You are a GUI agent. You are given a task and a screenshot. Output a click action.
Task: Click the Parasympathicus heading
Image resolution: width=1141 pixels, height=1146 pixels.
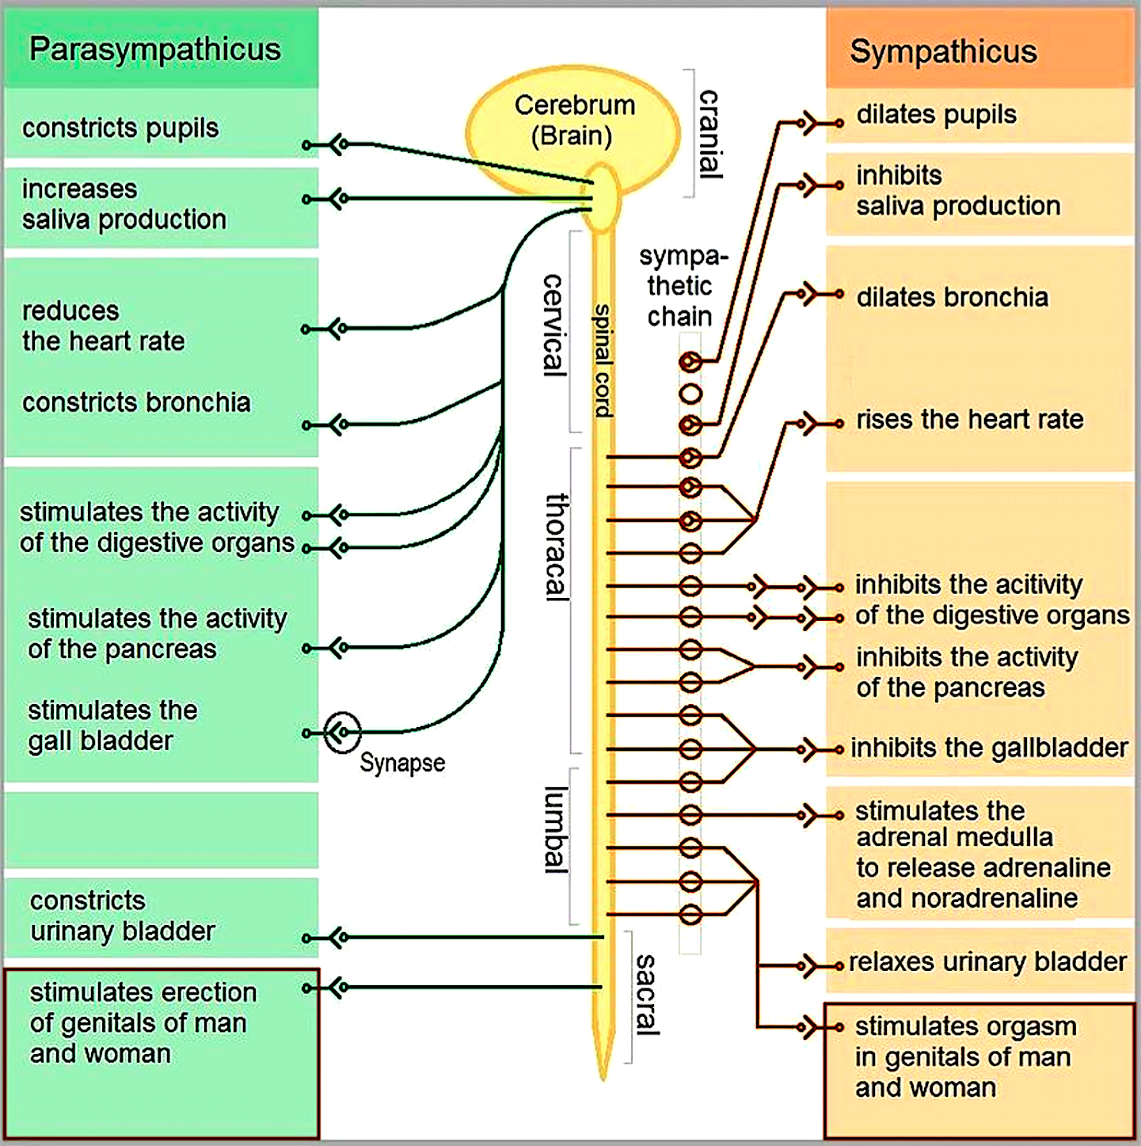154,50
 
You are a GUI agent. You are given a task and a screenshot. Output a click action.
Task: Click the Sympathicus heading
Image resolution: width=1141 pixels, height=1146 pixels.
944,52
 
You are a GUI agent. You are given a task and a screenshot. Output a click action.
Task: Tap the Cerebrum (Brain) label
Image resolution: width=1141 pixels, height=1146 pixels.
574,120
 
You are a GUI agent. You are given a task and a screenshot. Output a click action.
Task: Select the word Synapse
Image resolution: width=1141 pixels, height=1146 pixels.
402,763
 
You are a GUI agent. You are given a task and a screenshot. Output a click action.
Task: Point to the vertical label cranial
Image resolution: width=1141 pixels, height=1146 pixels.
709,135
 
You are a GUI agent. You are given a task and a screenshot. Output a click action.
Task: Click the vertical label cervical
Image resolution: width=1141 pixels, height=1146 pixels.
554,326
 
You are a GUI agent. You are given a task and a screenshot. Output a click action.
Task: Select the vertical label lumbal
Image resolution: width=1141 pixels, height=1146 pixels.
556,830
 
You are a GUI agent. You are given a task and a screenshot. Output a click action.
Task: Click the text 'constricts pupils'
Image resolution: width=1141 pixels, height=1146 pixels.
120,128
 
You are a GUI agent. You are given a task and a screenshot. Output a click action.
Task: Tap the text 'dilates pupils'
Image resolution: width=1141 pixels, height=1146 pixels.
937,115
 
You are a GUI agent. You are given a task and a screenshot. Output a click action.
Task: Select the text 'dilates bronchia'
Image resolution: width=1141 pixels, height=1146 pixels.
952,297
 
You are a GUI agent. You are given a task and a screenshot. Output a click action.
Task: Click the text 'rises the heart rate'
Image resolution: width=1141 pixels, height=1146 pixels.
970,419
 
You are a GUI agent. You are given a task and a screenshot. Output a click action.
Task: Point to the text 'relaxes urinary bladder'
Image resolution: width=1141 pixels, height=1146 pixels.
987,962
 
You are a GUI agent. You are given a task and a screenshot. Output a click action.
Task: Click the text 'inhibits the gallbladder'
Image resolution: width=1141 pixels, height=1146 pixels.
990,748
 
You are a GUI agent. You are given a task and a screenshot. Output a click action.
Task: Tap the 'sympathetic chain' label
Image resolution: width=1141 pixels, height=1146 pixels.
681,287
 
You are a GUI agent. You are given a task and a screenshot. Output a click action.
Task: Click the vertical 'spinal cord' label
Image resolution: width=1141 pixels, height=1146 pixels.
603,360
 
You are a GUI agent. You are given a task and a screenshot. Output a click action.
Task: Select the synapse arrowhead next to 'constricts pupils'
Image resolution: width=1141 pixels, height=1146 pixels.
338,145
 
